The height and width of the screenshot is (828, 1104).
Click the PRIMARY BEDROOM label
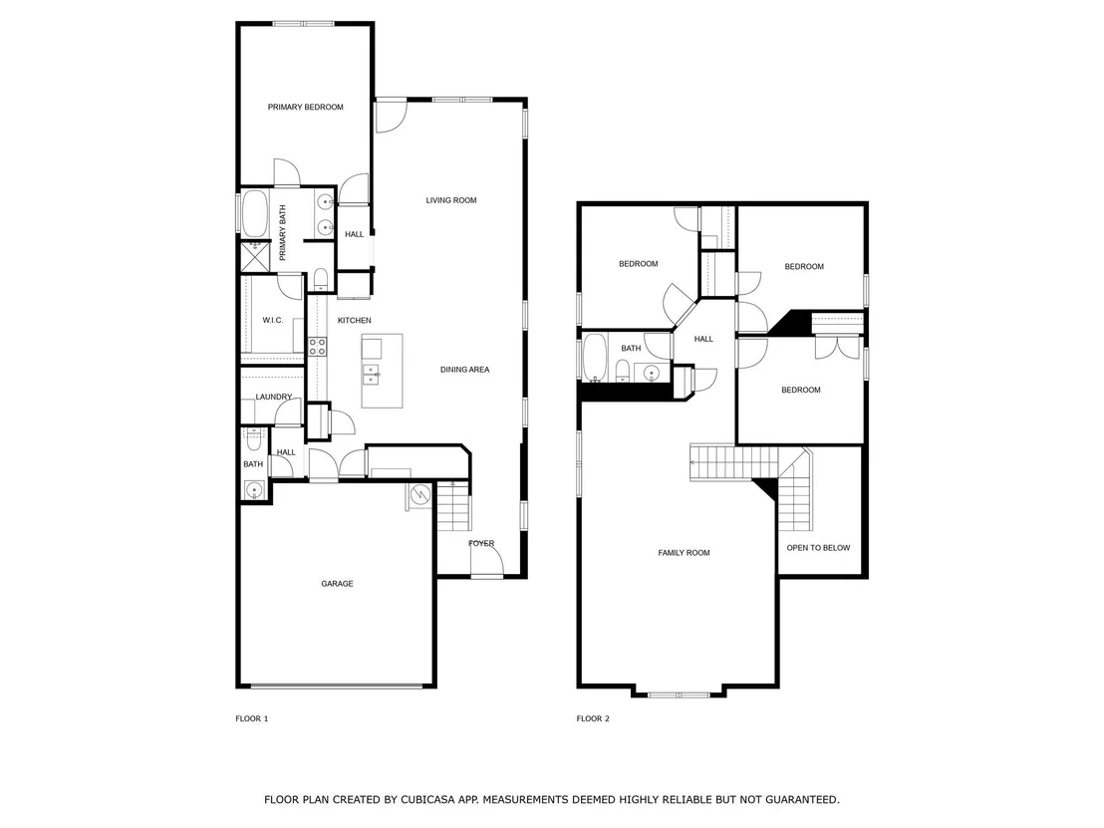[x=306, y=107]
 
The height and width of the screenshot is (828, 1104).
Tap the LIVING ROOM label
[x=451, y=200]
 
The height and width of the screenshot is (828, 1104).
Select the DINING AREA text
[x=464, y=369]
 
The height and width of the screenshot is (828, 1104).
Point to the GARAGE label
[x=337, y=584]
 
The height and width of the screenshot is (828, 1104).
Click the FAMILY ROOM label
[x=684, y=553]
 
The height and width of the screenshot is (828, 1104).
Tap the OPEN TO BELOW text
[x=818, y=548]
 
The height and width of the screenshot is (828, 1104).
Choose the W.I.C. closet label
[x=272, y=321]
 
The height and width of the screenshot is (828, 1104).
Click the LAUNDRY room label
[x=273, y=398]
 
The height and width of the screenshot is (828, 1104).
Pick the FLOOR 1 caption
[x=252, y=718]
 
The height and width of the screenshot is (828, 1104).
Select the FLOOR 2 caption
[x=593, y=718]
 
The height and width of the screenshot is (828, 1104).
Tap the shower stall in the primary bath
[x=255, y=256]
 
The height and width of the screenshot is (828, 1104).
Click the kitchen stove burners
[x=318, y=346]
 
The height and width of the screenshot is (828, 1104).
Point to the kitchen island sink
[x=371, y=375]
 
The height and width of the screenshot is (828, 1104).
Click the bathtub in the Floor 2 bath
[x=595, y=358]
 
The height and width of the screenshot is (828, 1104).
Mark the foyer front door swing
[x=487, y=561]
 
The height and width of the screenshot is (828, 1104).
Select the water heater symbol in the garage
[x=421, y=495]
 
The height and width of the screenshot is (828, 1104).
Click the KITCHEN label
[x=354, y=321]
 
